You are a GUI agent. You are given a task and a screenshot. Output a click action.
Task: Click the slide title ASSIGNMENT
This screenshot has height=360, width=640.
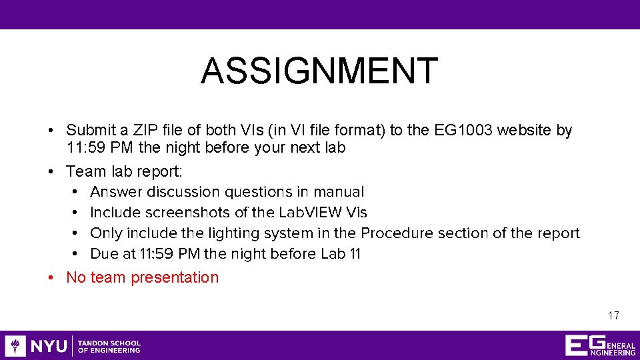[319, 71]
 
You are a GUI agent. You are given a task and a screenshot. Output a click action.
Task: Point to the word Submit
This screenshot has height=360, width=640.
[90, 130]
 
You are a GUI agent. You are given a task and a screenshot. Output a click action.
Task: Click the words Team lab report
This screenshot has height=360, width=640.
[124, 171]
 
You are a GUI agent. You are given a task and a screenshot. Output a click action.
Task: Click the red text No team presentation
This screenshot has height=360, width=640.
[142, 277]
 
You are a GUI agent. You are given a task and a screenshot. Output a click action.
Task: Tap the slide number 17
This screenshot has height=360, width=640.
[613, 315]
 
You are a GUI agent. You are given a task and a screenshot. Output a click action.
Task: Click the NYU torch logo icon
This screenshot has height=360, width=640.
[15, 345]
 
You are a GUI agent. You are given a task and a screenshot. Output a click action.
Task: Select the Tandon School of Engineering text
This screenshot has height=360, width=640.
[109, 346]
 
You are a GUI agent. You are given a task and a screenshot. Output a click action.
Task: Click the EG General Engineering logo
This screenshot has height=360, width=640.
[599, 345]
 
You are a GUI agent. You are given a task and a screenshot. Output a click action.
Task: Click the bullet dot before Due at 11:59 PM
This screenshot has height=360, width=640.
[77, 254]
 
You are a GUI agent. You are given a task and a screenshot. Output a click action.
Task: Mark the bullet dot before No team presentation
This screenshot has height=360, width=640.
[51, 277]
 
